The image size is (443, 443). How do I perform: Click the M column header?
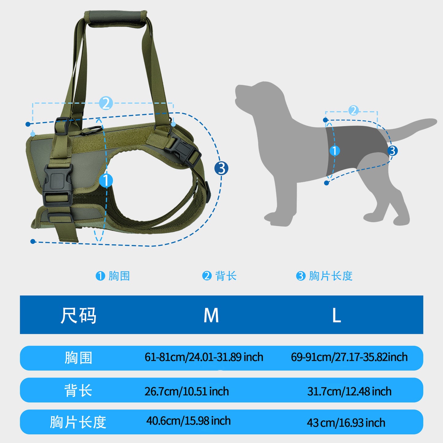point(211,315)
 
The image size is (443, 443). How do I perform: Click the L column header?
point(336,315)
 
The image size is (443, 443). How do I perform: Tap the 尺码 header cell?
point(78,315)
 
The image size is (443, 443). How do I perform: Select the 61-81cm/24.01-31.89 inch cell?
point(204,357)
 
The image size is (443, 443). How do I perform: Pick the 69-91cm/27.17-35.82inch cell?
point(349,357)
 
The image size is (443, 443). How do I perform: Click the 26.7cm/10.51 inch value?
point(187,391)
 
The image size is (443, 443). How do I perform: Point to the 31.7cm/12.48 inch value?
point(349,391)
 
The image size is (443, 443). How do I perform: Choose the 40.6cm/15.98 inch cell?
point(189,421)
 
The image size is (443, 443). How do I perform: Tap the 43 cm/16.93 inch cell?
point(346,422)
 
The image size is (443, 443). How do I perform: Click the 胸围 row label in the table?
point(78,358)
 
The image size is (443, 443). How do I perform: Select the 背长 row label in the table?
point(78,391)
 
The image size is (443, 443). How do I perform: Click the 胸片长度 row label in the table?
point(78,422)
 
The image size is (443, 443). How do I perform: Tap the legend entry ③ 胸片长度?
point(324,276)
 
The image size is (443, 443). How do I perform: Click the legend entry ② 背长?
point(219,276)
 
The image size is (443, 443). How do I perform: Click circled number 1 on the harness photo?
point(106,180)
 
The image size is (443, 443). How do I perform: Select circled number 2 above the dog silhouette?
point(353,110)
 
